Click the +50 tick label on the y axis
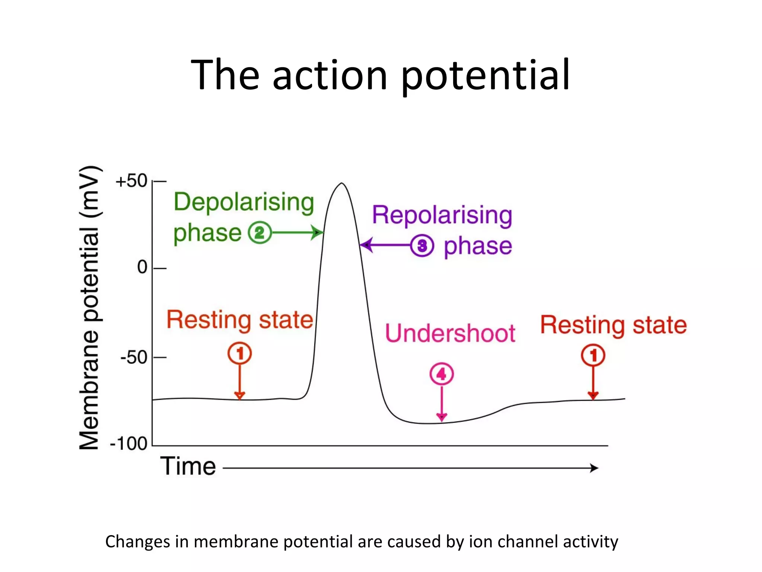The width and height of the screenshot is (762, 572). click(x=131, y=181)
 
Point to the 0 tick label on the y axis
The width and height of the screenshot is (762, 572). click(x=142, y=267)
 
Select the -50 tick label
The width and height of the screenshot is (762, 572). click(x=134, y=357)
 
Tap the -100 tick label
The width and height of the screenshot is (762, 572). click(x=129, y=444)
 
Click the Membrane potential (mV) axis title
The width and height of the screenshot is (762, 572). click(x=90, y=307)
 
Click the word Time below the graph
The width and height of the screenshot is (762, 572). click(x=188, y=466)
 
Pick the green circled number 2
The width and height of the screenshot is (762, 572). click(x=259, y=233)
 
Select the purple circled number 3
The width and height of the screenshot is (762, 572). click(x=422, y=246)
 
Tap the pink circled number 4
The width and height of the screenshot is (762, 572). click(x=441, y=374)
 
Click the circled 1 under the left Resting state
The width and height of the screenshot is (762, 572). click(x=240, y=353)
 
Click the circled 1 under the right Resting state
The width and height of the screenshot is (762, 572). click(x=593, y=355)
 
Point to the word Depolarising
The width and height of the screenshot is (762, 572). click(x=244, y=202)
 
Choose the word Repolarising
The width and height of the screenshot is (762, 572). click(x=442, y=215)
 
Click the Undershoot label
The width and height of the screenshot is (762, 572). click(x=450, y=333)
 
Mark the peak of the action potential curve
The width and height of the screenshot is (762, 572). click(x=342, y=183)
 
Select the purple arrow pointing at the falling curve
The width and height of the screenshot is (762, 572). click(x=385, y=245)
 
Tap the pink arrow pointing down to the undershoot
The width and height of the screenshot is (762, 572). click(x=442, y=404)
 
